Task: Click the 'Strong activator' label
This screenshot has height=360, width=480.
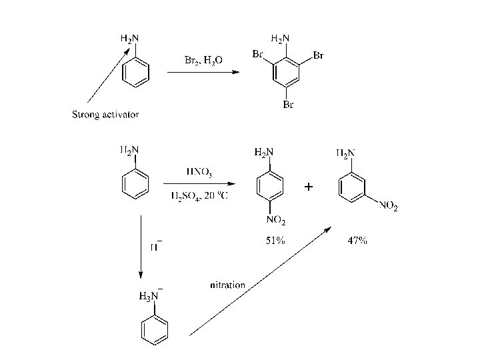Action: (105, 115)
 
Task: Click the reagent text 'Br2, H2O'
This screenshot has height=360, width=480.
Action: (203, 60)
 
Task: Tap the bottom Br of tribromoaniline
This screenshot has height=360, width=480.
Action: (288, 105)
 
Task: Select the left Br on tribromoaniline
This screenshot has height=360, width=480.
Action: (258, 55)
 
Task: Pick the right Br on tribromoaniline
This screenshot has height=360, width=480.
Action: (318, 55)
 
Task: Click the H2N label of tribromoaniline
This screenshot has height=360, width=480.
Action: (280, 39)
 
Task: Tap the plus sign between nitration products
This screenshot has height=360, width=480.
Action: (307, 189)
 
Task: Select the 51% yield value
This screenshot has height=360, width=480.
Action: (275, 241)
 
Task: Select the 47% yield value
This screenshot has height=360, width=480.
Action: (357, 241)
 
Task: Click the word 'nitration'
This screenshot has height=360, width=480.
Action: (227, 285)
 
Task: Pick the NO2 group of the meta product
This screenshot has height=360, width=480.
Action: (388, 207)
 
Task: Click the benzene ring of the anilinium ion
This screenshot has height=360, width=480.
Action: (156, 330)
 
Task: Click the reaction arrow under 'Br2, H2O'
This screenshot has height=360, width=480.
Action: (203, 73)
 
